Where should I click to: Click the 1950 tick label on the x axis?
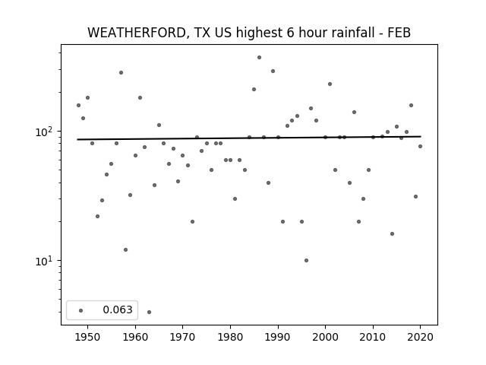pyautogui.click(x=88, y=337)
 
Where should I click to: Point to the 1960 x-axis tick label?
pyautogui.click(x=135, y=337)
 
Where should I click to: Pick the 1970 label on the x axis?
pyautogui.click(x=183, y=337)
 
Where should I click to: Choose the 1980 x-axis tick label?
pyautogui.click(x=230, y=337)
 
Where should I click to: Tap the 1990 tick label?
pyautogui.click(x=278, y=337)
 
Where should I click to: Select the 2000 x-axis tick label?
pyautogui.click(x=326, y=337)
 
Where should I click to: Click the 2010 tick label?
pyautogui.click(x=373, y=337)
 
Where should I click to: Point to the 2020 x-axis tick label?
pyautogui.click(x=420, y=337)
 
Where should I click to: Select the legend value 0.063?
pyautogui.click(x=118, y=309)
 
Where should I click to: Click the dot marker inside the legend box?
pyautogui.click(x=81, y=310)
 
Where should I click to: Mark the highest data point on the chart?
pyautogui.click(x=259, y=58)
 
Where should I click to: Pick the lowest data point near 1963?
pyautogui.click(x=149, y=312)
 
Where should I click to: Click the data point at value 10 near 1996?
pyautogui.click(x=306, y=260)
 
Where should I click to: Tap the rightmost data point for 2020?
pyautogui.click(x=420, y=146)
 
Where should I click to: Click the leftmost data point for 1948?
pyautogui.click(x=78, y=105)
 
